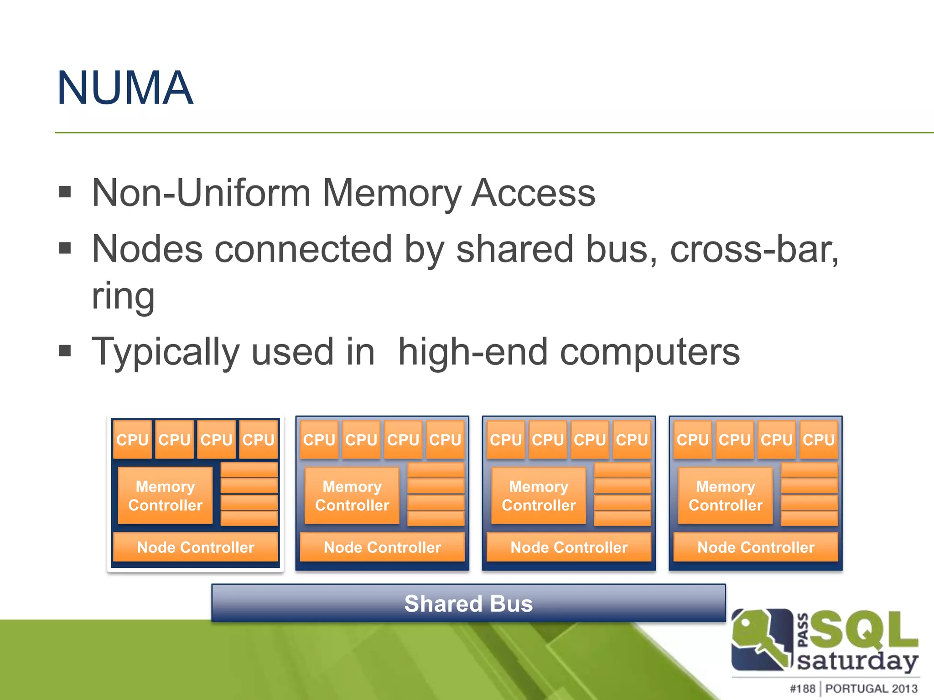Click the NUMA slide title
(125, 88)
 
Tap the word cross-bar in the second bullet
(753, 249)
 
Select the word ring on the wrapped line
(123, 296)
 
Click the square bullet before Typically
(65, 351)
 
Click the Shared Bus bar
(468, 603)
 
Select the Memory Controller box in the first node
(165, 496)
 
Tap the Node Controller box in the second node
(382, 547)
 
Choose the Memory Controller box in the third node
(539, 496)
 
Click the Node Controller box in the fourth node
(756, 547)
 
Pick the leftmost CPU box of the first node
(132, 440)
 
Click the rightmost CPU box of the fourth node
(819, 440)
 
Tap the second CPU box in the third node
(548, 440)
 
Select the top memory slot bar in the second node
(436, 470)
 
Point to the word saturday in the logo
(857, 661)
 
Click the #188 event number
(802, 689)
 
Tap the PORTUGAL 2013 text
(871, 689)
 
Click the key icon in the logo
(761, 640)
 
